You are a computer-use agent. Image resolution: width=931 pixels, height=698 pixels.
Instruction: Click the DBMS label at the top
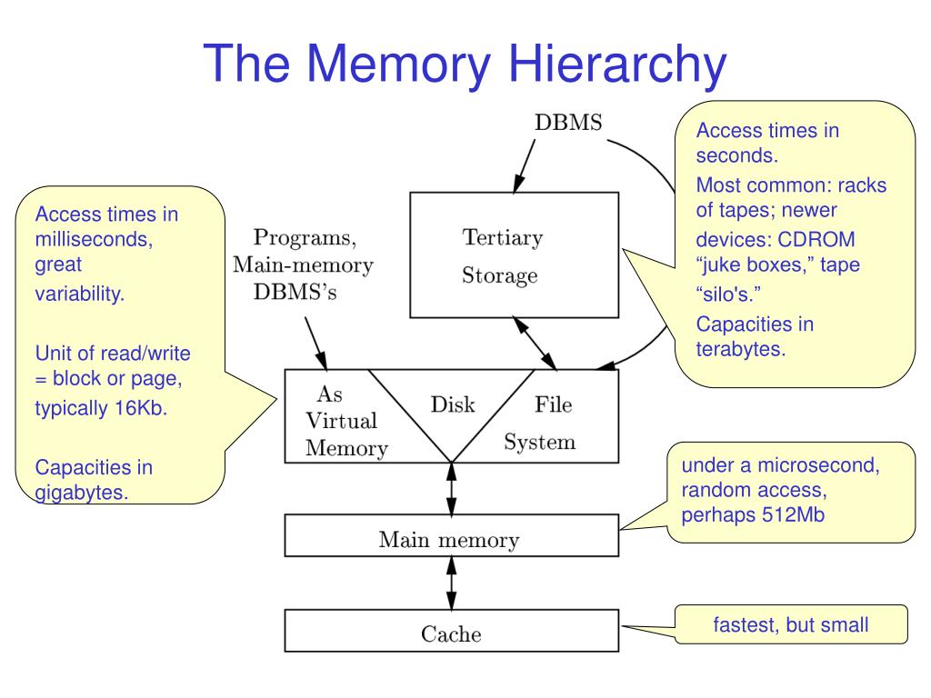point(567,124)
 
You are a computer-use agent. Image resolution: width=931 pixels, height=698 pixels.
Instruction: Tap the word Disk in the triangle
point(453,404)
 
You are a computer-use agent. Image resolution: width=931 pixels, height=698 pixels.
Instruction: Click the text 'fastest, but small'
point(790,625)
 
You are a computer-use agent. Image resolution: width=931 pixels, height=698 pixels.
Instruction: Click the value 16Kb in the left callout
point(142,408)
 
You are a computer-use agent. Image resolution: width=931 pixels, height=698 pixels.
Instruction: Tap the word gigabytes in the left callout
point(81,493)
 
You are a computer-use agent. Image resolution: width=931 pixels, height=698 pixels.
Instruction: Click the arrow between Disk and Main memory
point(451,488)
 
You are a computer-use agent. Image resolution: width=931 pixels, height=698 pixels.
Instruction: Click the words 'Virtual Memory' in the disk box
point(342,434)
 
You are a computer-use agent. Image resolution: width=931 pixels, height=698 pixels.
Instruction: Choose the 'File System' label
point(541,423)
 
